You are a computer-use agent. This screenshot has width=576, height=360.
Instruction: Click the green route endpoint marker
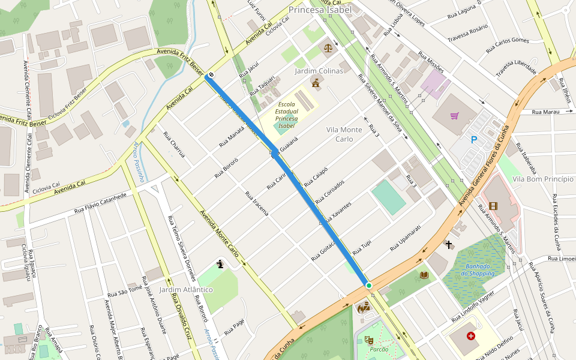click(368, 285)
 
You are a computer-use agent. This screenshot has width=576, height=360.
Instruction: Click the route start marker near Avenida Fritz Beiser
click(208, 76)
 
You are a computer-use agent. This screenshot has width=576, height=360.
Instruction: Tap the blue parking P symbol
click(473, 140)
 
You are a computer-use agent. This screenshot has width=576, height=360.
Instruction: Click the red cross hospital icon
click(470, 336)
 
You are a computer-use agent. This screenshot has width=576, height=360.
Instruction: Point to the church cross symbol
click(449, 244)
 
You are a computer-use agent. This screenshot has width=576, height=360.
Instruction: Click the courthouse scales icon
click(328, 47)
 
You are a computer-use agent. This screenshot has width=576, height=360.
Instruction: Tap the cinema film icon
click(493, 206)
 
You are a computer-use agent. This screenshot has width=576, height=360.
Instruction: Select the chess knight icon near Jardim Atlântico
click(220, 263)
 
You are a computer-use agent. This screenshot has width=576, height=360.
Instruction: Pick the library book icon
click(424, 275)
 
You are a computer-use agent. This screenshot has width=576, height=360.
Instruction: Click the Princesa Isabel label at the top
click(319, 10)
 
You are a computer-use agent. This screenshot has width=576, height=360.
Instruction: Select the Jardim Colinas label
click(319, 71)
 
